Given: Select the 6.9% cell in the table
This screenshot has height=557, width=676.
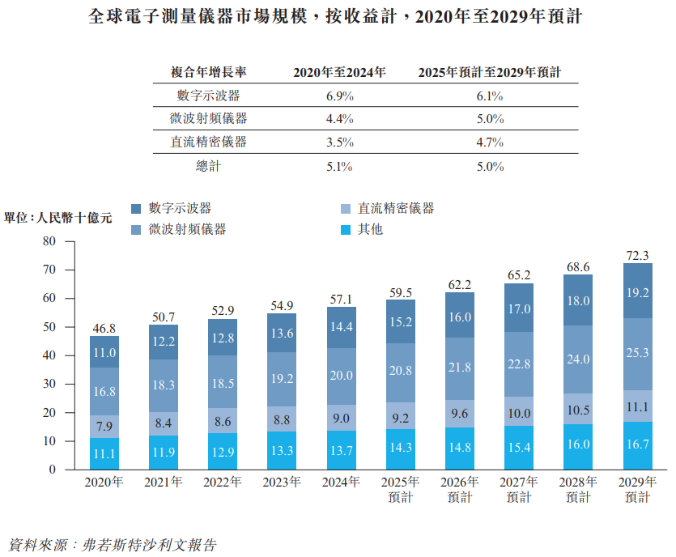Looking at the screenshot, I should tap(339, 96).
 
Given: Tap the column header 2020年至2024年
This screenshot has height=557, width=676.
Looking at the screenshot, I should tap(339, 72).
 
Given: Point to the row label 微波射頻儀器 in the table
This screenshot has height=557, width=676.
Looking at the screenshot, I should tap(208, 118).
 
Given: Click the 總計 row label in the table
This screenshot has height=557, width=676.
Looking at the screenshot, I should tap(208, 166).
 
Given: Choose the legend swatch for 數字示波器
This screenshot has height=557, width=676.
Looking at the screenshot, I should tap(136, 209).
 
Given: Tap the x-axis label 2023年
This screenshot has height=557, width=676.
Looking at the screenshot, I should tap(282, 483).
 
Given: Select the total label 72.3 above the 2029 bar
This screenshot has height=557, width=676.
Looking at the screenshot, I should tap(638, 255).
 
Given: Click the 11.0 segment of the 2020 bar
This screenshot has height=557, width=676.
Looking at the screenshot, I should tap(104, 352).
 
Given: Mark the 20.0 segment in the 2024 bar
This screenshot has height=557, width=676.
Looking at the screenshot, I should tap(341, 376).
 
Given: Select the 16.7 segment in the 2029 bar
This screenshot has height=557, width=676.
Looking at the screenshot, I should tap(638, 445).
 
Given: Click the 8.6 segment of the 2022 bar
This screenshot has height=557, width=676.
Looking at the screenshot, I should tap(223, 421).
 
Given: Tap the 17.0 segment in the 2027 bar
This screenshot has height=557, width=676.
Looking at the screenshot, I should tap(519, 308).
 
